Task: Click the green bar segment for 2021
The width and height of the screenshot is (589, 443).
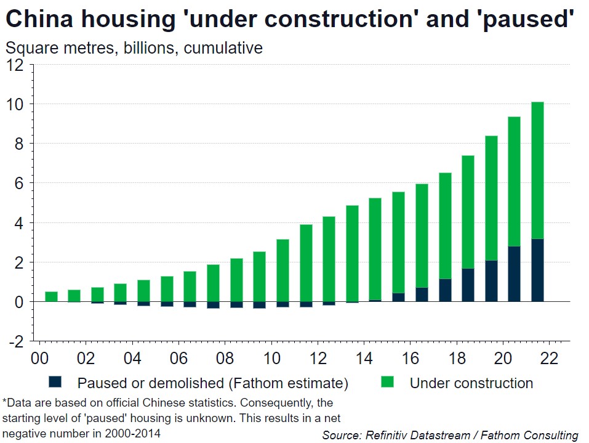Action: (537, 173)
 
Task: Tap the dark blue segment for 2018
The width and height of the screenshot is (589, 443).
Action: (468, 285)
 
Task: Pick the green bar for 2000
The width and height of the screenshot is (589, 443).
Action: (52, 296)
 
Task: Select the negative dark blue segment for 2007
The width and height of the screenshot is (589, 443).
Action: (214, 304)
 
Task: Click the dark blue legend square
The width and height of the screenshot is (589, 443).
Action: (57, 383)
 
